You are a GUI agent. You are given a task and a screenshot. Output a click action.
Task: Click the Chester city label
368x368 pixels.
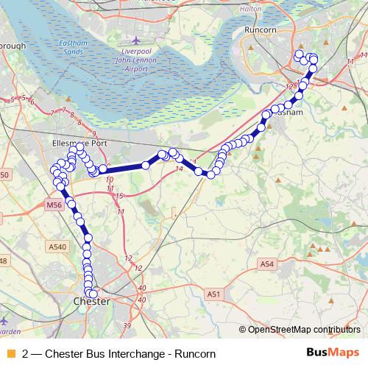pyautogui.click(x=92, y=302)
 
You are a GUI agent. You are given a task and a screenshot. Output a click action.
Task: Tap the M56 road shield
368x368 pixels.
pyautogui.click(x=54, y=205)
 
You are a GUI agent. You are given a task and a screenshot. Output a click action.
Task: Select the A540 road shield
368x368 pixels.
pyautogui.click(x=56, y=247)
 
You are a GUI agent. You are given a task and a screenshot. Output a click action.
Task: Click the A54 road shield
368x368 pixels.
pyautogui.click(x=266, y=263)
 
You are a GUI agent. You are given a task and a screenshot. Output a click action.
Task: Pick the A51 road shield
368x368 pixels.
pyautogui.click(x=214, y=294)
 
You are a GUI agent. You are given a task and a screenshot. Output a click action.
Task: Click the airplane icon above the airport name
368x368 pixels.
pyautogui.click(x=133, y=40)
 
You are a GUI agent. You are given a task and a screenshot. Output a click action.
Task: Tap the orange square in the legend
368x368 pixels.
pyautogui.click(x=10, y=352)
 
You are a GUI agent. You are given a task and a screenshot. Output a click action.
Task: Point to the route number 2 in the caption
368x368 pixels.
pyautogui.click(x=26, y=353)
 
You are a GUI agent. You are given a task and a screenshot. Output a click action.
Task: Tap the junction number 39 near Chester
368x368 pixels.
pyautogui.click(x=127, y=325)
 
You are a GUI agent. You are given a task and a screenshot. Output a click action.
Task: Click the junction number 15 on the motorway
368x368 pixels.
pyautogui.click(x=120, y=196)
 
